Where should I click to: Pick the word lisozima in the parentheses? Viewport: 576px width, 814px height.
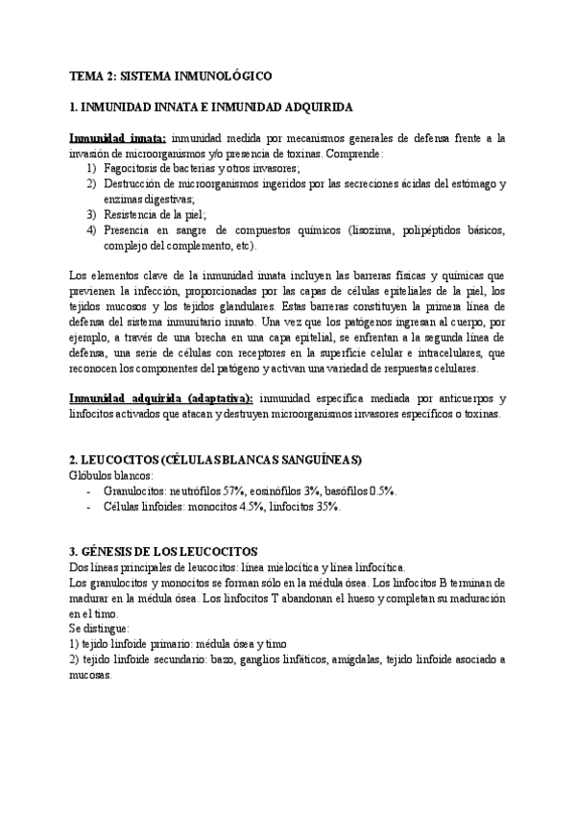click(347, 230)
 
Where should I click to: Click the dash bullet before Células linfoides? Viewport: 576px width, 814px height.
click(89, 506)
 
